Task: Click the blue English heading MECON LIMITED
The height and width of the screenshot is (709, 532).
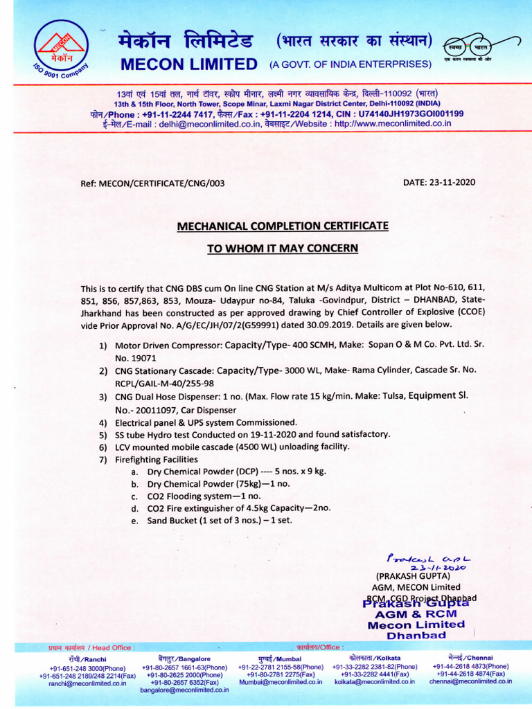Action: tap(189, 64)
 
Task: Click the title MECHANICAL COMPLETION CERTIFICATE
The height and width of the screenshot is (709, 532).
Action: tap(283, 226)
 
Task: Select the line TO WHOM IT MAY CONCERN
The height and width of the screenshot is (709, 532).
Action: tap(283, 248)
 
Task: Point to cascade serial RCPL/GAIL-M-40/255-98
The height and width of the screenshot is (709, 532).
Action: tap(164, 384)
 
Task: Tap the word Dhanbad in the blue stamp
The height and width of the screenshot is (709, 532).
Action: tap(416, 635)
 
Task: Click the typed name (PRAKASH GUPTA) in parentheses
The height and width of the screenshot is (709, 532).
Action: tap(413, 576)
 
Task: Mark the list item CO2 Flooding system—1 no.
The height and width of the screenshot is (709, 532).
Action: tap(204, 496)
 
